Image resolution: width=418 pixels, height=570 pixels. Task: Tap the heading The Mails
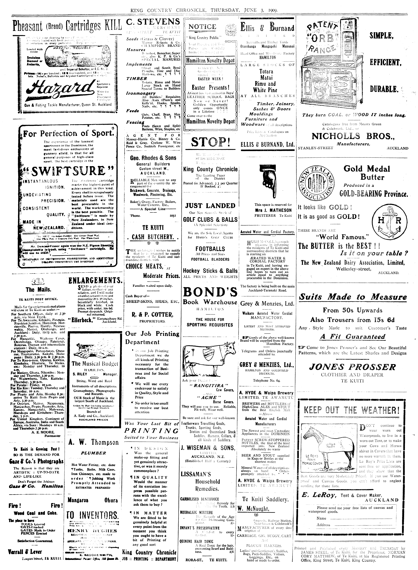(38, 290)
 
